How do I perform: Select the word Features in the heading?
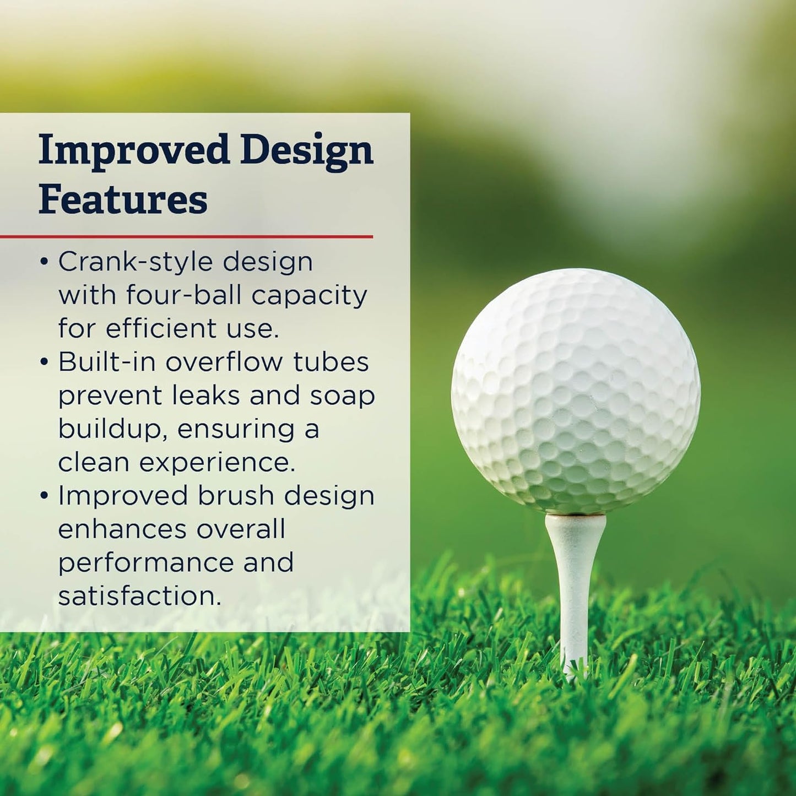pyautogui.click(x=123, y=199)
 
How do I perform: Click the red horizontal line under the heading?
pyautogui.click(x=186, y=237)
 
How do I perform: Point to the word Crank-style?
pyautogui.click(x=137, y=262)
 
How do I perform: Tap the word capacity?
pyautogui.click(x=310, y=296)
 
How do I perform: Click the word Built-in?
pyautogui.click(x=107, y=362)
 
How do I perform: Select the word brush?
pyautogui.click(x=236, y=496)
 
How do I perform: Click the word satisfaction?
pyautogui.click(x=140, y=596)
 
